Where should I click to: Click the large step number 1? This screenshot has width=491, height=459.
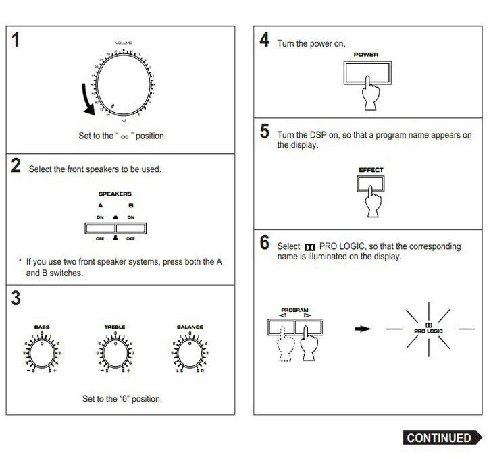click(x=16, y=40)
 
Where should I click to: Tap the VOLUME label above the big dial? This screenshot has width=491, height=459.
click(x=123, y=43)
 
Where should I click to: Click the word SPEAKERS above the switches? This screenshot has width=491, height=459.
click(x=115, y=194)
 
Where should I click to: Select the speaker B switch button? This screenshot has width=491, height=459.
click(x=130, y=227)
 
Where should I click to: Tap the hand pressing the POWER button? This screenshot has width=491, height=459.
click(x=369, y=92)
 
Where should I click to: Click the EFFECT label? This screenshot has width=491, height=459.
click(x=371, y=170)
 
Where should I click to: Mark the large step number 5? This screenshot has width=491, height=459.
click(x=265, y=132)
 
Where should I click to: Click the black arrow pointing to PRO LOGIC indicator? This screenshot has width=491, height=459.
click(x=364, y=329)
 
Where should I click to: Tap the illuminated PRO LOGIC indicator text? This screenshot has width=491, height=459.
click(x=429, y=331)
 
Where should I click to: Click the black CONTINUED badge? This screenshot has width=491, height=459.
click(x=439, y=438)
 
